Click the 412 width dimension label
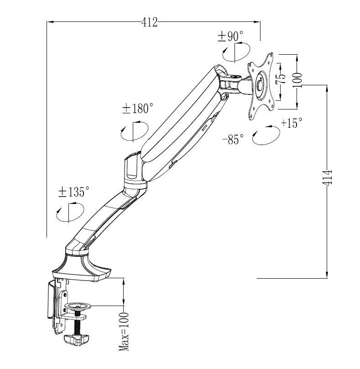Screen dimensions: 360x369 click(x=149, y=23)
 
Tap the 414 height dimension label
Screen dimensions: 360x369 click(x=327, y=177)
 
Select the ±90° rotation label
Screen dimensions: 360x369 click(x=230, y=36)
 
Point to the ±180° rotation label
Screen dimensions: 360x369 click(x=138, y=109)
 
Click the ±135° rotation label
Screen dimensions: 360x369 click(x=74, y=192)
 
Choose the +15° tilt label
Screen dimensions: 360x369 click(x=292, y=123)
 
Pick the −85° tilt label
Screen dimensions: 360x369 click(x=233, y=139)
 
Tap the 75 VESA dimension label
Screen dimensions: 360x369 click(x=281, y=78)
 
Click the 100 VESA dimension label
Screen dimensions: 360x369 click(x=297, y=80)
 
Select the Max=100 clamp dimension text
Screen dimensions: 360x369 click(x=124, y=331)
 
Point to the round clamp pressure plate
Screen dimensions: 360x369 click(x=78, y=306)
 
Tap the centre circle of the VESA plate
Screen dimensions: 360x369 click(x=260, y=85)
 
